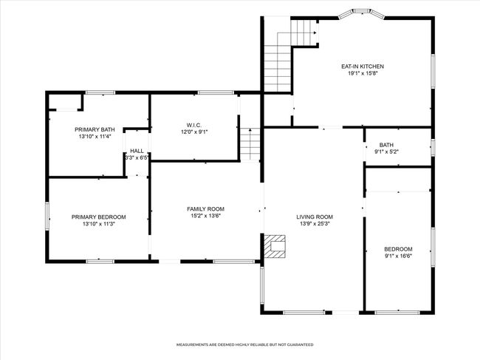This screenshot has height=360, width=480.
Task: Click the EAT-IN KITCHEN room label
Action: (363, 67)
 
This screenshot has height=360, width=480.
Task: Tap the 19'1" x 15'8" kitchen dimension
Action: (360, 73)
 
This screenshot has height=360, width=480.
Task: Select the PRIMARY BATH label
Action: (95, 129)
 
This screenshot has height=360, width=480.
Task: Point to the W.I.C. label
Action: (194, 126)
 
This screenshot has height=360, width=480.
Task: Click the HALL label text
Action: (137, 151)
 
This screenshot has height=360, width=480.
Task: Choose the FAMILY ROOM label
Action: (206, 209)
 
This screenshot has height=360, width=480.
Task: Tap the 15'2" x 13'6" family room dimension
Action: (206, 216)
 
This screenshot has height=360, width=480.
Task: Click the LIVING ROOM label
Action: (315, 217)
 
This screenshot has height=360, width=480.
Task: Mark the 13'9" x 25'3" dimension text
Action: (315, 224)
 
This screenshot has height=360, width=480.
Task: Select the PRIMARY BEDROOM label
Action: (98, 217)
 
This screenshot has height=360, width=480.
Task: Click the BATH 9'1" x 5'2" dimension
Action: (386, 152)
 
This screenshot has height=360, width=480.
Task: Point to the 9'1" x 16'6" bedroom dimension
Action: (398, 256)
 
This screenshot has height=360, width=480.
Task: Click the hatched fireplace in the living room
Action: (275, 246)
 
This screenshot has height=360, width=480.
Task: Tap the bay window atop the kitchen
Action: (362, 13)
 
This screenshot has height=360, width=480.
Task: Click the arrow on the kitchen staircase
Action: (315, 33)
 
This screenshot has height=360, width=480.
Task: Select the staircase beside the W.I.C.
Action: (250, 144)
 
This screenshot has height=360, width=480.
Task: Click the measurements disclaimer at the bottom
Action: (245, 344)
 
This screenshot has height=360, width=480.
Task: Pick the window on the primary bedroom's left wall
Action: (47, 216)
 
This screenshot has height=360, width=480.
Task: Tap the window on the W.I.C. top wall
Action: (216, 92)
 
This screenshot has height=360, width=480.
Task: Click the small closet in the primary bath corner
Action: (65, 102)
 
